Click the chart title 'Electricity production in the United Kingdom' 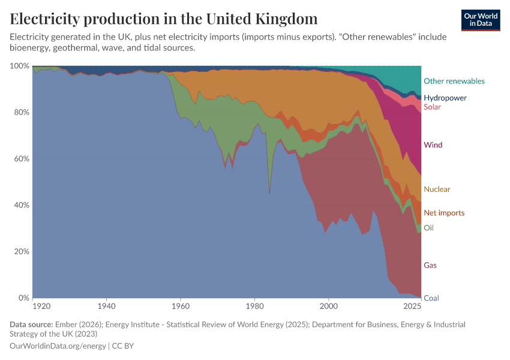click(x=164, y=19)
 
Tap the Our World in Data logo click(x=481, y=20)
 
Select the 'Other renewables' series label click(x=454, y=81)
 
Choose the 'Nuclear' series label click(x=436, y=190)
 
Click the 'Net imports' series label click(x=443, y=213)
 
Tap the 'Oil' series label click(x=428, y=228)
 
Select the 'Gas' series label click(x=430, y=265)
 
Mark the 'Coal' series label click(x=430, y=298)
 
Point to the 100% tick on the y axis click(x=20, y=66)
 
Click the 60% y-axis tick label click(x=22, y=159)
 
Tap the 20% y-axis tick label click(x=22, y=252)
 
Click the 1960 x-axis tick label click(x=181, y=307)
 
